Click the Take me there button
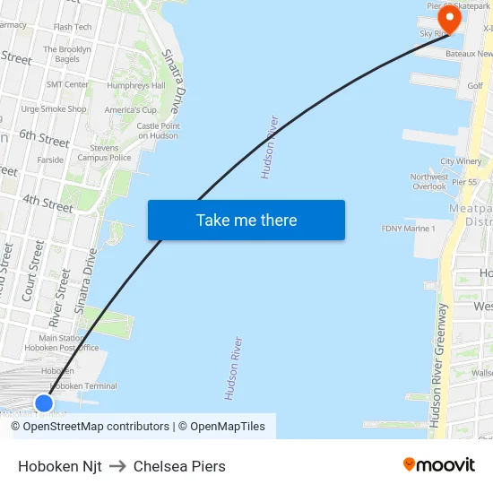click(246, 221)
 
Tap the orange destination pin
click(446, 16)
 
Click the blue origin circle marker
click(44, 402)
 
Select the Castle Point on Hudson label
click(159, 131)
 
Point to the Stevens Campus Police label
click(104, 152)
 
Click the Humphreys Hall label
click(136, 85)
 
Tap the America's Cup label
click(131, 110)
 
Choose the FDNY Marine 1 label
click(409, 229)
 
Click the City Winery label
click(461, 161)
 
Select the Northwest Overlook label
click(429, 182)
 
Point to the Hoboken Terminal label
click(82, 386)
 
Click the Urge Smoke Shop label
click(54, 109)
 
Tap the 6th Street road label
click(44, 138)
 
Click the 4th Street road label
click(48, 203)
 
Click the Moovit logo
click(439, 464)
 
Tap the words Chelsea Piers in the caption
click(179, 466)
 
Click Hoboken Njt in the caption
click(60, 466)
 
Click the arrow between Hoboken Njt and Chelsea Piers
click(117, 466)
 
